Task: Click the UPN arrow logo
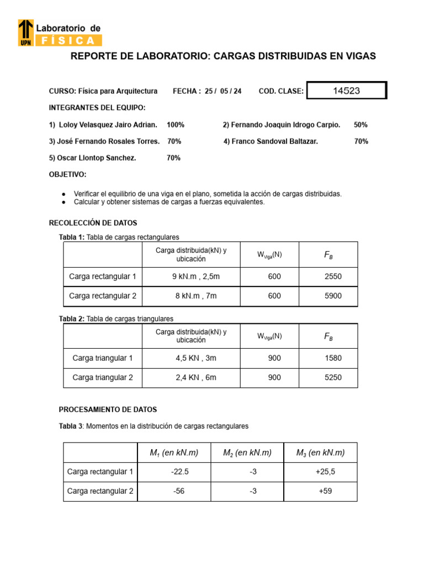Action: click(x=26, y=33)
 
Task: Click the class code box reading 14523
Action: click(x=346, y=91)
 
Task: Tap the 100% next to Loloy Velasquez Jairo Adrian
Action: click(x=176, y=125)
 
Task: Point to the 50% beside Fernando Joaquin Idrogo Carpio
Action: click(x=361, y=125)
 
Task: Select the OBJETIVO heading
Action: click(x=68, y=174)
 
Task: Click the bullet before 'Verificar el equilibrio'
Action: click(x=64, y=194)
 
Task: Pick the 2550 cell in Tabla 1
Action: click(x=333, y=276)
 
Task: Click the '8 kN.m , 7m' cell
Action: click(x=196, y=296)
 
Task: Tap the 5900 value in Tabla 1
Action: click(x=333, y=296)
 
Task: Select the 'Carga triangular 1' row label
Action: click(x=103, y=358)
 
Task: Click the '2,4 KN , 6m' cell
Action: click(x=196, y=377)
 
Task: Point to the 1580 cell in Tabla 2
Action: click(x=333, y=358)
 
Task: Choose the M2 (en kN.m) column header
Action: click(x=247, y=453)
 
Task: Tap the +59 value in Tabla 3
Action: click(x=325, y=491)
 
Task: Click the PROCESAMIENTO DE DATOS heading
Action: click(x=108, y=410)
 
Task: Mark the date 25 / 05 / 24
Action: click(x=223, y=91)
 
